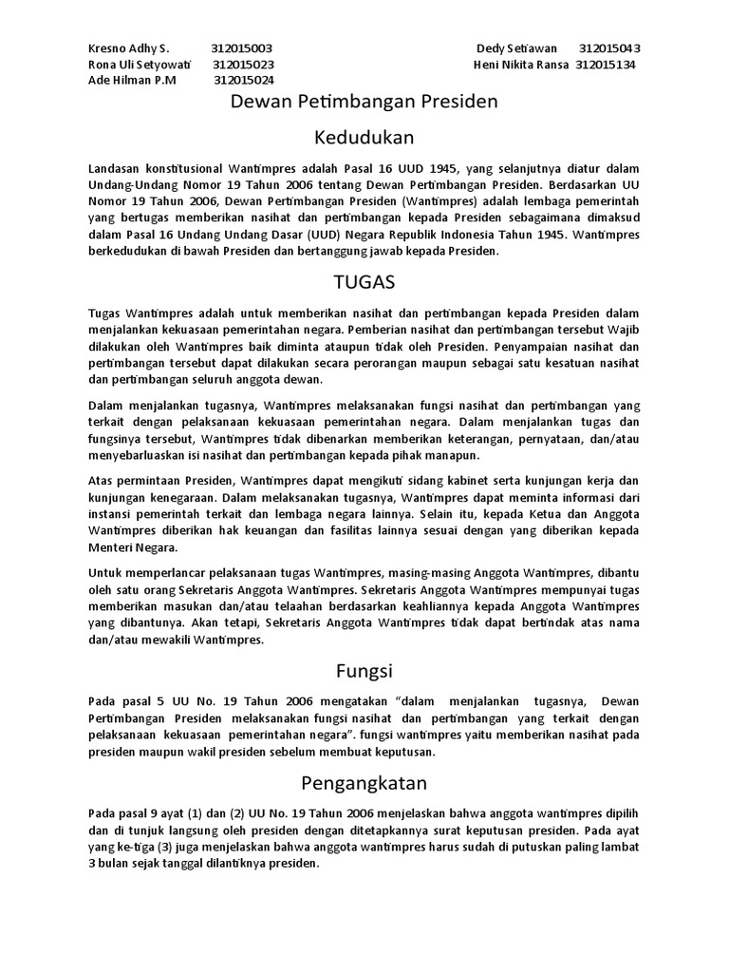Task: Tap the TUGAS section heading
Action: pyautogui.click(x=364, y=282)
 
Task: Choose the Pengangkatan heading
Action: pyautogui.click(x=364, y=783)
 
